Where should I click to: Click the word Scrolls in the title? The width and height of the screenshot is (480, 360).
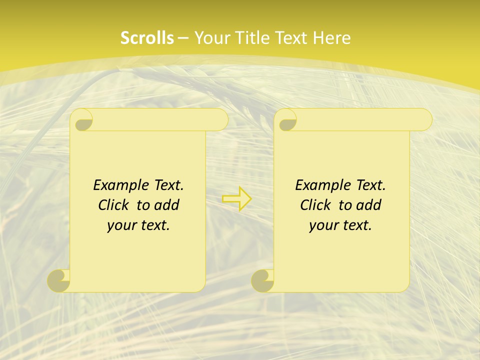point(147,38)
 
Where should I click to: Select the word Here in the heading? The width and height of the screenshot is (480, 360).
point(331,38)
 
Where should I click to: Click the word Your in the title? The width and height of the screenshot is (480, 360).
point(213,38)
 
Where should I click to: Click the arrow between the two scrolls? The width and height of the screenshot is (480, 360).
point(237,199)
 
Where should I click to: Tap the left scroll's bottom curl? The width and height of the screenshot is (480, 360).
point(59,280)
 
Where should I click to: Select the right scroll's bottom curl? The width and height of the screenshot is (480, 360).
point(262,280)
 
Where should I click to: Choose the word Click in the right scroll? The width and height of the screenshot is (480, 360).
point(315,205)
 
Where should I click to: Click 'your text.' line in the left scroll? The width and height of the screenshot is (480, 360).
point(138,225)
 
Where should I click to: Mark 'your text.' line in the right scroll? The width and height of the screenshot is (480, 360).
point(340,225)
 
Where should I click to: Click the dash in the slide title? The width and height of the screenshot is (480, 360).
point(183,38)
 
